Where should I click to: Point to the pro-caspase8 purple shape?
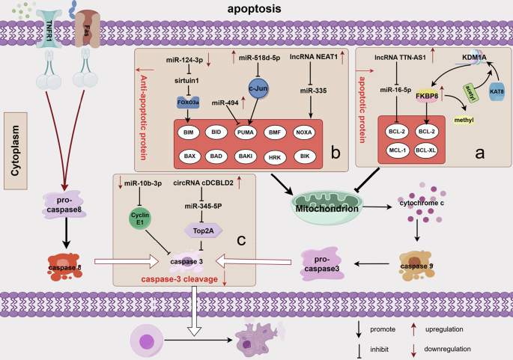64,207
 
